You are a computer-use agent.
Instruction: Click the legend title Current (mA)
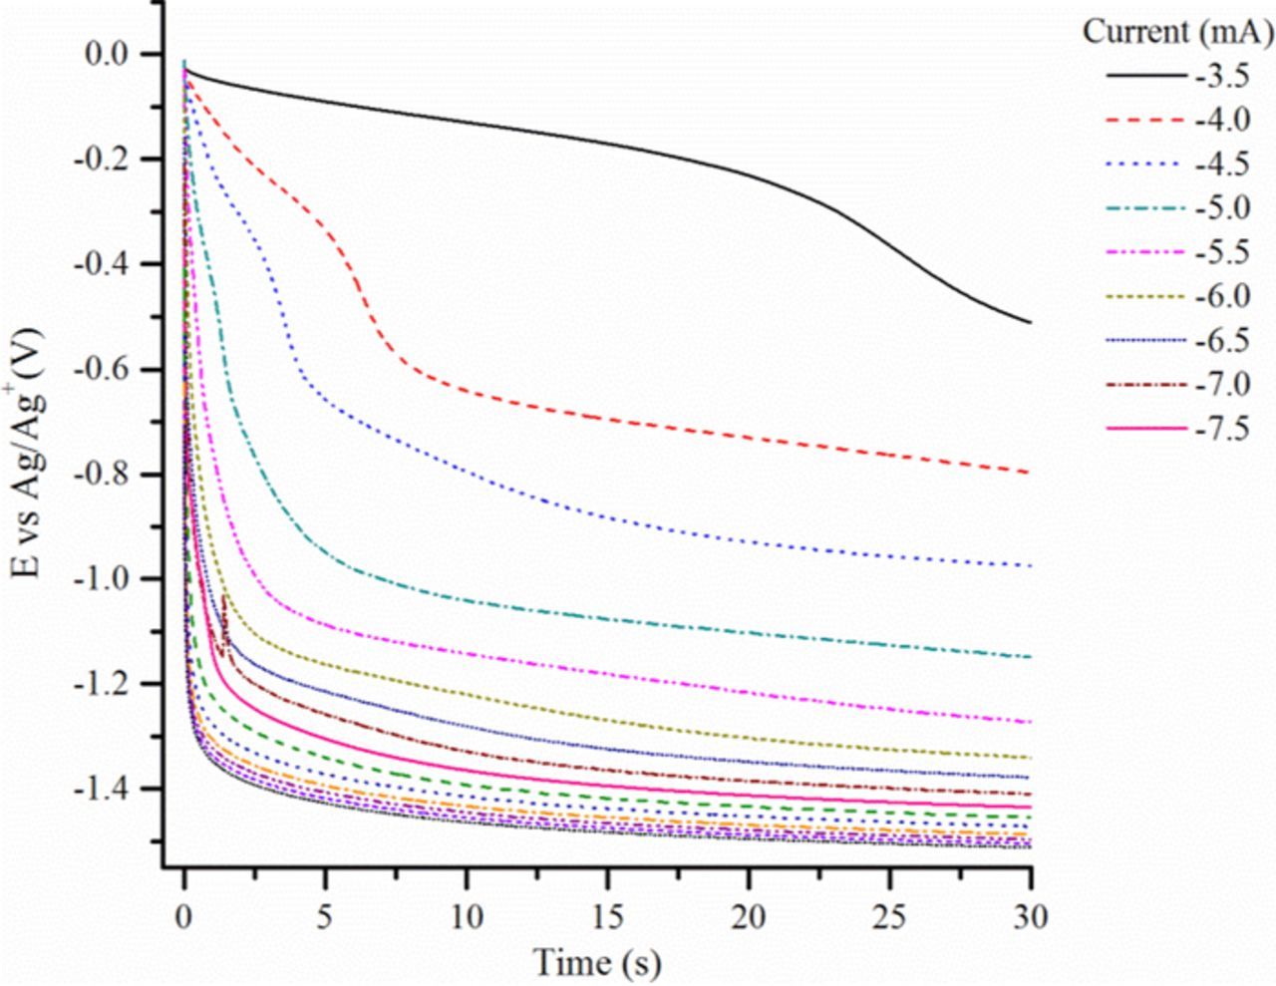1177,32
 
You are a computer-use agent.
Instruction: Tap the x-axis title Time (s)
597,962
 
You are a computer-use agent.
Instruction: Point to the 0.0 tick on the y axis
114,54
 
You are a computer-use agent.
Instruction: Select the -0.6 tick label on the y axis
109,369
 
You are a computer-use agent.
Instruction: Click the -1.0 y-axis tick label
109,579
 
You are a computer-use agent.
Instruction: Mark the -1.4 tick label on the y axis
109,789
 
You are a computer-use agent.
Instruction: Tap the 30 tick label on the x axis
1031,916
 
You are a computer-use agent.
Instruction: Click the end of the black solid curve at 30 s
1030,322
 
